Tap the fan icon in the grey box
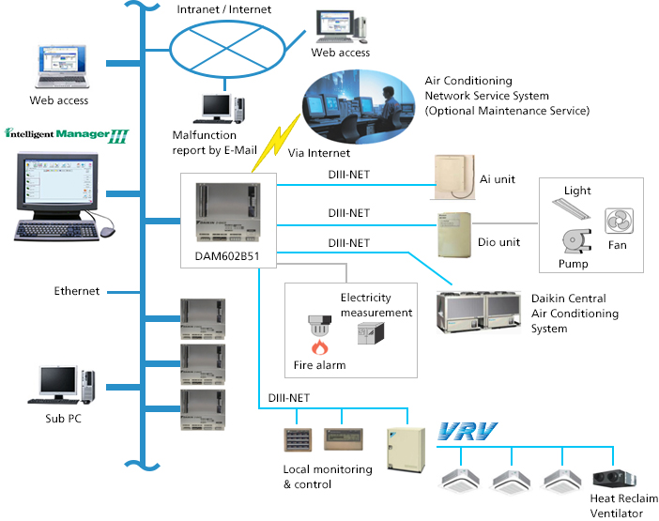point(617,222)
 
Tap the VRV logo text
point(469,434)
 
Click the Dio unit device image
point(455,236)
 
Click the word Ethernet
point(77,291)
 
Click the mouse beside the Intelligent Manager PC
point(105,229)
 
